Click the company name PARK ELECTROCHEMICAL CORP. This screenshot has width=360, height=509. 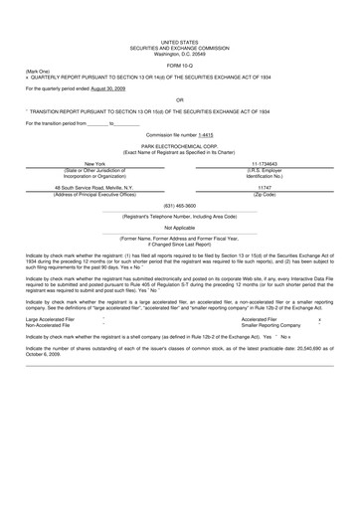click(x=180, y=145)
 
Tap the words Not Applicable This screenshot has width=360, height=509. click(x=180, y=228)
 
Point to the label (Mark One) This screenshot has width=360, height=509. click(x=37, y=71)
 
